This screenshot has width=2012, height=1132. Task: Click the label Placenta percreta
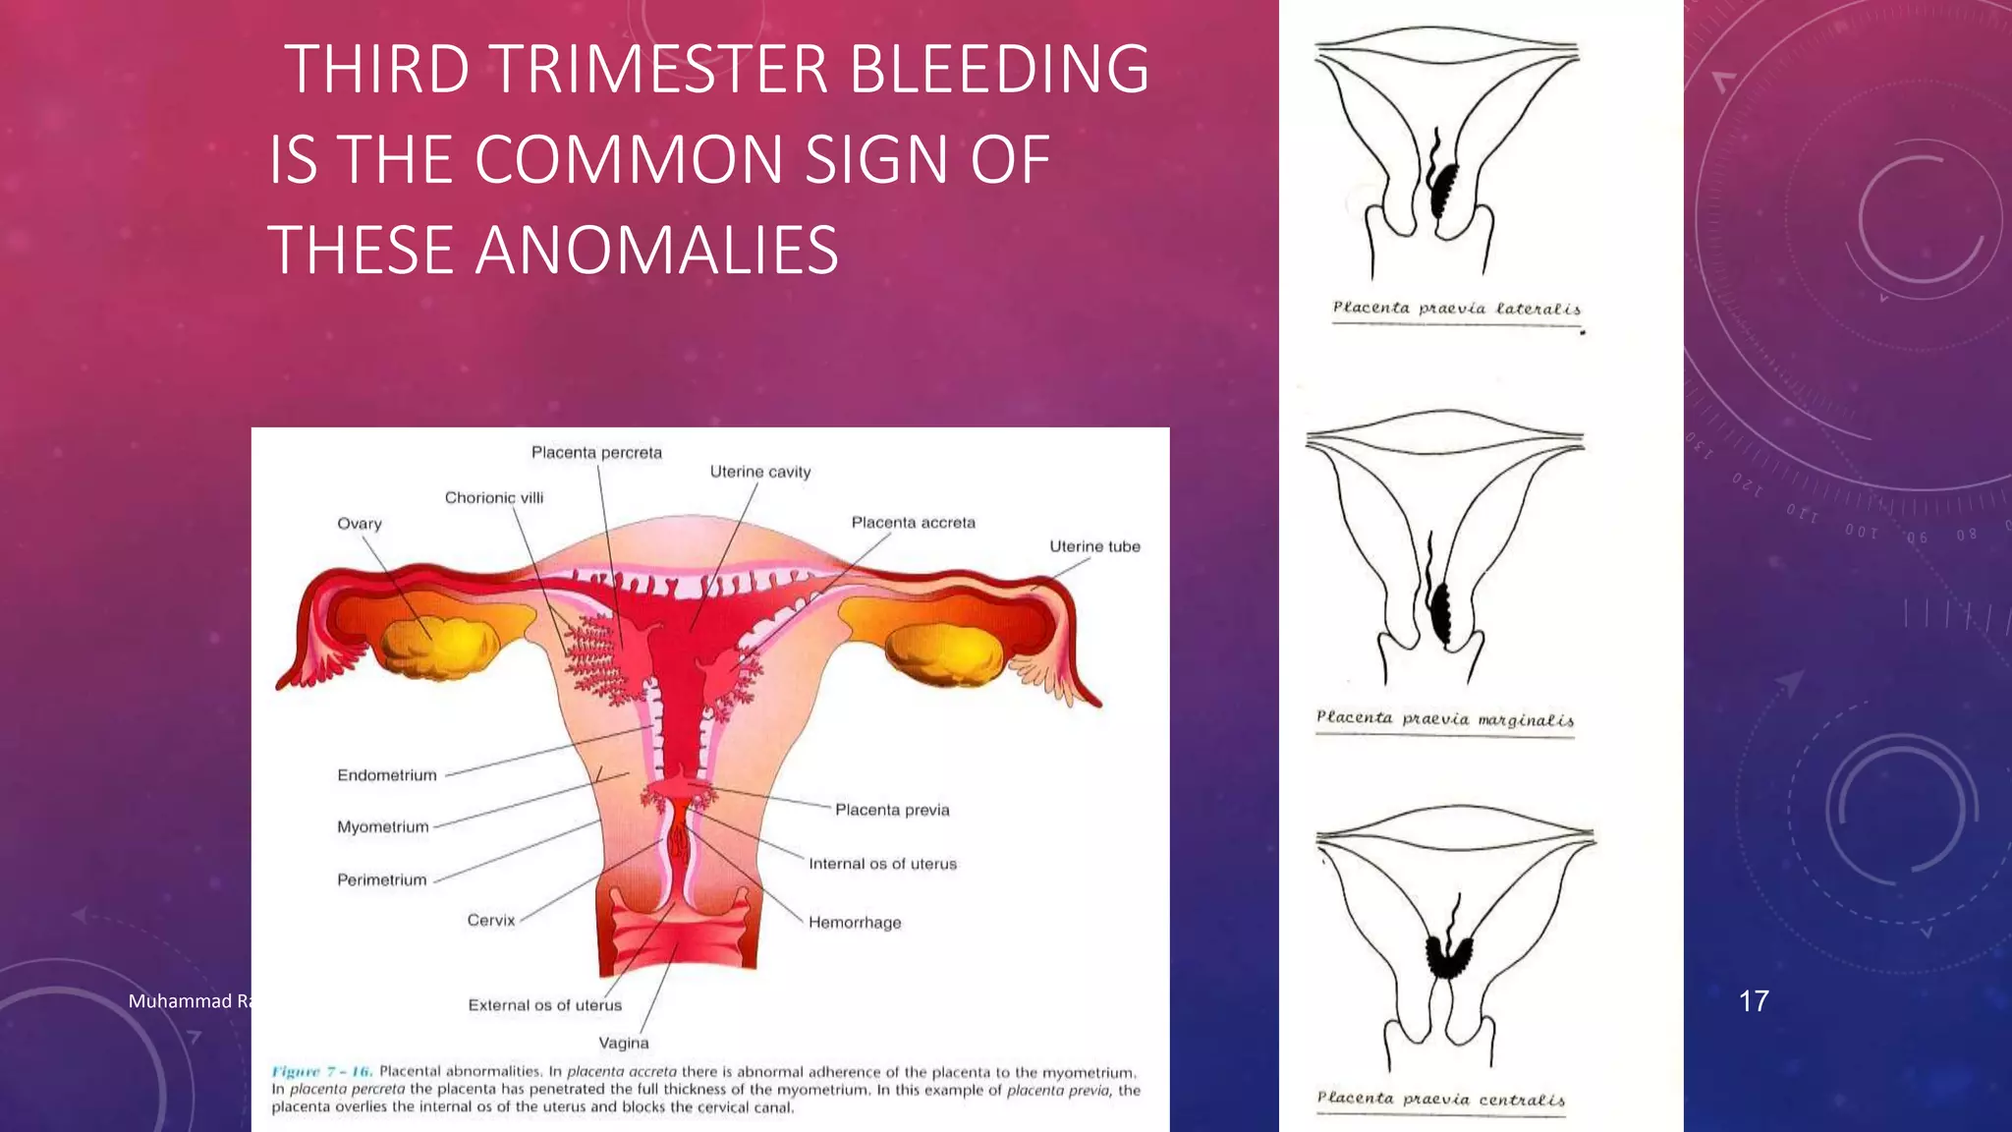click(596, 453)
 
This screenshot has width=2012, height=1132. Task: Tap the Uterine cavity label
click(760, 473)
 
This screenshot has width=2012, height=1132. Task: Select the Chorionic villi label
click(493, 498)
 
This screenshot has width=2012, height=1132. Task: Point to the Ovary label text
click(359, 524)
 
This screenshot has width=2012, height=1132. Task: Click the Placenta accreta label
click(913, 523)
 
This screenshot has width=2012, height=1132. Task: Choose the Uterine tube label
click(1094, 546)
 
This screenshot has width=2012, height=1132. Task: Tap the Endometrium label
click(386, 775)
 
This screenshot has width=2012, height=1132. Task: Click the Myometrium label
click(382, 827)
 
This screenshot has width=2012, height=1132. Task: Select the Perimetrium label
click(381, 880)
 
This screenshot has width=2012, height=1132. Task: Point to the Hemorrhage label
click(854, 923)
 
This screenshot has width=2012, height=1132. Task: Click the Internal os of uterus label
click(882, 864)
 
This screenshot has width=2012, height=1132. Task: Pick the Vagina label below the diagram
click(624, 1043)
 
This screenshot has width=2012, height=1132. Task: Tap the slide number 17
click(1754, 1001)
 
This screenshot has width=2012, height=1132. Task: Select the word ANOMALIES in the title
click(656, 250)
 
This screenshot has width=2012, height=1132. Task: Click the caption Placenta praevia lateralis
click(1456, 309)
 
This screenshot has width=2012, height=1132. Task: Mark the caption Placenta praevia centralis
click(1440, 1099)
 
